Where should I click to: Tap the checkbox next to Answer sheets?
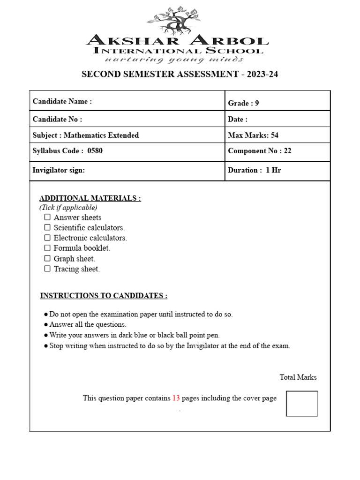47,217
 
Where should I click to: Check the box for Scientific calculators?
47,227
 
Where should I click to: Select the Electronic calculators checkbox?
47,238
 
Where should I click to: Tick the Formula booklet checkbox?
47,248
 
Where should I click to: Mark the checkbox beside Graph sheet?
47,258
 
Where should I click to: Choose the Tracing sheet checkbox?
47,269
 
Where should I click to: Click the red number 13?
176,398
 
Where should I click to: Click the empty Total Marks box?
301,403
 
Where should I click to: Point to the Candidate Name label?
62,101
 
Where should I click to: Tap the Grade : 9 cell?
243,103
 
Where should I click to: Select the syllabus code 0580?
95,151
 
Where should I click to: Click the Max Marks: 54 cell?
253,135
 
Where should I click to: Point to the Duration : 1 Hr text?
254,170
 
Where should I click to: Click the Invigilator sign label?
59,170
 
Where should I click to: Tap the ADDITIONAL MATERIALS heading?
90,198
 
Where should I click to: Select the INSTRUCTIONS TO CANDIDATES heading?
104,295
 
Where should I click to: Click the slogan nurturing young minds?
174,60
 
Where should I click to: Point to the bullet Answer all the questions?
88,324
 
